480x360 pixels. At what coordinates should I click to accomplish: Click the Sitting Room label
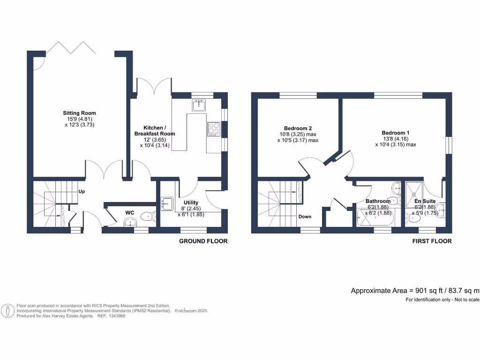click(x=80, y=113)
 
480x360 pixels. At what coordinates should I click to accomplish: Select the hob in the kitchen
click(x=214, y=128)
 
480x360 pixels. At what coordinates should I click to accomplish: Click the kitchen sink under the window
click(x=199, y=105)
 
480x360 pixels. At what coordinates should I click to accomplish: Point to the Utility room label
click(x=191, y=202)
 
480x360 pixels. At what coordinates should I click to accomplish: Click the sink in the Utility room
click(x=167, y=203)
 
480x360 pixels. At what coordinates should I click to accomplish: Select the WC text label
click(x=130, y=212)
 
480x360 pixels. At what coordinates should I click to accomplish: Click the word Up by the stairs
click(x=82, y=192)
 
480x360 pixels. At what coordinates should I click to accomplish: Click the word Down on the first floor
click(x=305, y=217)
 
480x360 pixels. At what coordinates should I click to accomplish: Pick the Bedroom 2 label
click(x=298, y=128)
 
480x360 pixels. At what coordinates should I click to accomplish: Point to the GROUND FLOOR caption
click(x=203, y=241)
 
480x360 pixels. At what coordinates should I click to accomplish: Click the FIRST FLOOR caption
click(x=432, y=241)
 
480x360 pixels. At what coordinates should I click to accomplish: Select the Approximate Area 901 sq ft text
click(x=415, y=291)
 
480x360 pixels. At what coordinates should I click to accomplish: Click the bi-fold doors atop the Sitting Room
click(x=73, y=47)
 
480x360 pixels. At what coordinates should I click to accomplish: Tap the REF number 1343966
click(x=117, y=316)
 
